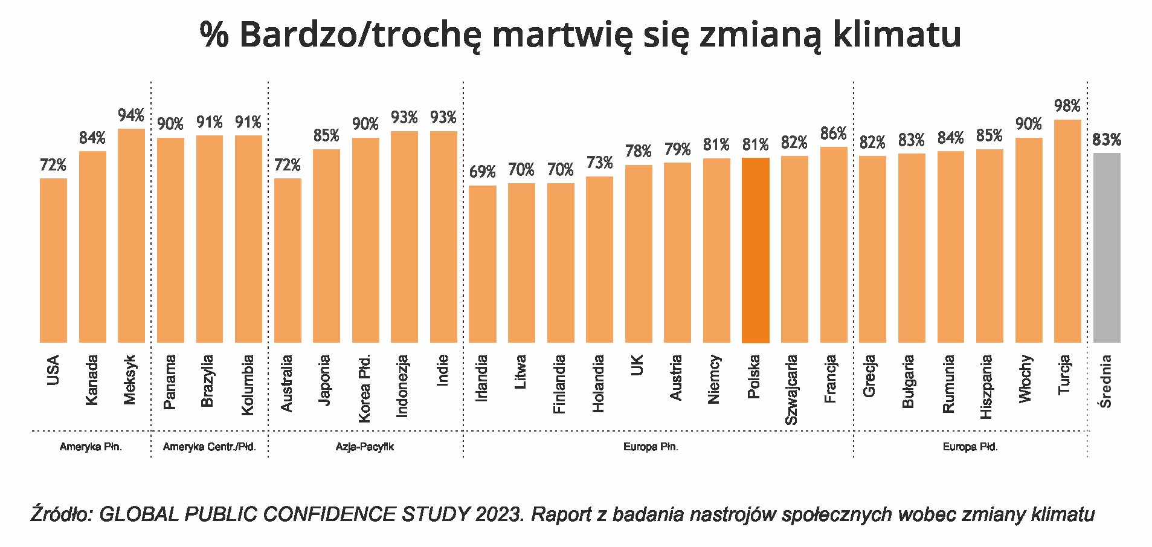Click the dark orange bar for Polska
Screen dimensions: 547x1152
(x=755, y=250)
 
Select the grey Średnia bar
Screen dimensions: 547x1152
(x=1106, y=248)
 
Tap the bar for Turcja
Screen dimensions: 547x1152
(x=1067, y=231)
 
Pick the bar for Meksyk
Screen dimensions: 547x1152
(x=131, y=236)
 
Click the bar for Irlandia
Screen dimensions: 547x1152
(x=482, y=264)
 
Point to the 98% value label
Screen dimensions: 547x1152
(x=1067, y=106)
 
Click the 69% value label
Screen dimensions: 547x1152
(x=482, y=172)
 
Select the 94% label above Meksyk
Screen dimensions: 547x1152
(x=131, y=115)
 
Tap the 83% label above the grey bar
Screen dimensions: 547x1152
(x=1106, y=140)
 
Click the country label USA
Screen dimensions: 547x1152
(x=53, y=371)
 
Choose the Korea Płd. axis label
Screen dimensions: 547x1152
(x=365, y=389)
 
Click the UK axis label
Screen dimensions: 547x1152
(x=637, y=365)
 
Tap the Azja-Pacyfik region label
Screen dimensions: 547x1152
(x=365, y=447)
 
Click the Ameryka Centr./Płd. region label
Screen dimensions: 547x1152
(x=209, y=447)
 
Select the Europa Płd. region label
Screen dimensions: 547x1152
(x=970, y=447)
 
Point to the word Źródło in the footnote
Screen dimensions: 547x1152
(x=61, y=514)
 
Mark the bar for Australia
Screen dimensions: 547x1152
(x=288, y=261)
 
